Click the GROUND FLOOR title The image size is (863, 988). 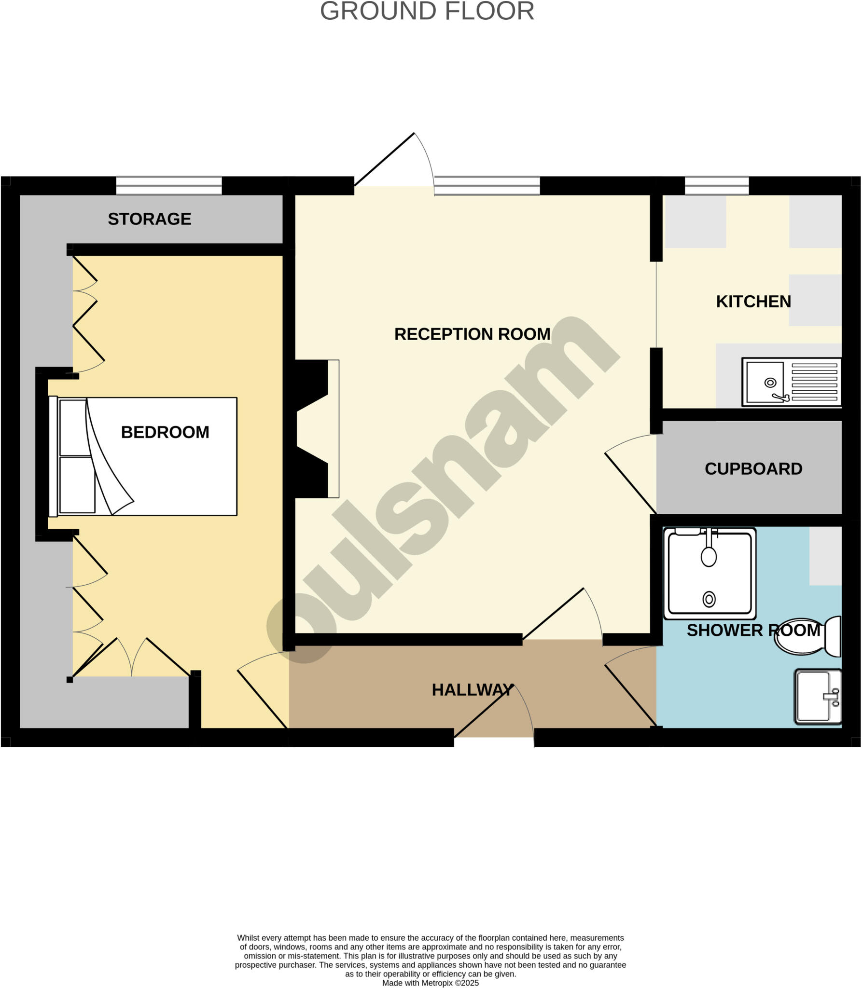(427, 11)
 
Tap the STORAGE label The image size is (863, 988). (149, 219)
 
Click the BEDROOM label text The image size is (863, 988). (165, 432)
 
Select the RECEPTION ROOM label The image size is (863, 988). (472, 334)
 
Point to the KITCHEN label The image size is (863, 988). (753, 302)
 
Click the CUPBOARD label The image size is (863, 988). (753, 469)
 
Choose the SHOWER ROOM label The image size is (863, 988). (753, 630)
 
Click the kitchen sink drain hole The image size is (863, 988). (770, 383)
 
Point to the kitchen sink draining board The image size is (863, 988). (814, 382)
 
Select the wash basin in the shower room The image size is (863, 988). (818, 696)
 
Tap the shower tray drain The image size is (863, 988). (709, 599)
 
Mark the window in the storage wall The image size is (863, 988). (168, 186)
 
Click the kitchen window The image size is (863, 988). (717, 186)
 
